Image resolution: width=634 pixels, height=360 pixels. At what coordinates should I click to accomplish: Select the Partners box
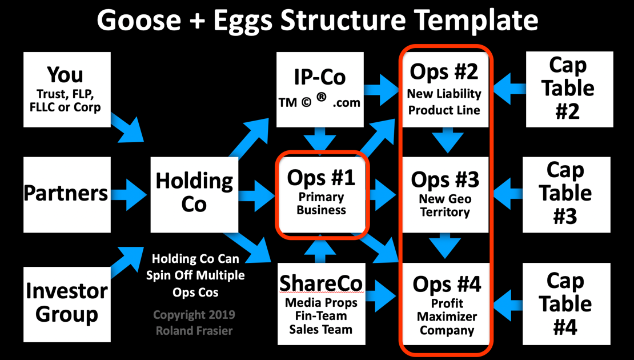pos(67,194)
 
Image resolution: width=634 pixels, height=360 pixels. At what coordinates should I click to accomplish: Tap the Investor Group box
pos(67,303)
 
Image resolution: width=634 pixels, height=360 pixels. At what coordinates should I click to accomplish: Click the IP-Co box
pos(320,89)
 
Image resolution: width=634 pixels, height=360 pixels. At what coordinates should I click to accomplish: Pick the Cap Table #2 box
pos(568,89)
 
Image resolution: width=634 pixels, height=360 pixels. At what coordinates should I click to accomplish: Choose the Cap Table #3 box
pos(565,194)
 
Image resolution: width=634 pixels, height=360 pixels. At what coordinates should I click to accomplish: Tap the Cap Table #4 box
pos(565,303)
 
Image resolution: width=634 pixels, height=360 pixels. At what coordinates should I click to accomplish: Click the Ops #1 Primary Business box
pos(322,194)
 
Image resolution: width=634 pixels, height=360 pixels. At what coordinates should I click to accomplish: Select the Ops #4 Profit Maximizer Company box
pos(446,303)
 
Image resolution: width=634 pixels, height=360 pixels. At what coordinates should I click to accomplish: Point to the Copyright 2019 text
pos(194,315)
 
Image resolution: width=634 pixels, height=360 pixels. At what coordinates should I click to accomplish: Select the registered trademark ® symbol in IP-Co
pos(322,98)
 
